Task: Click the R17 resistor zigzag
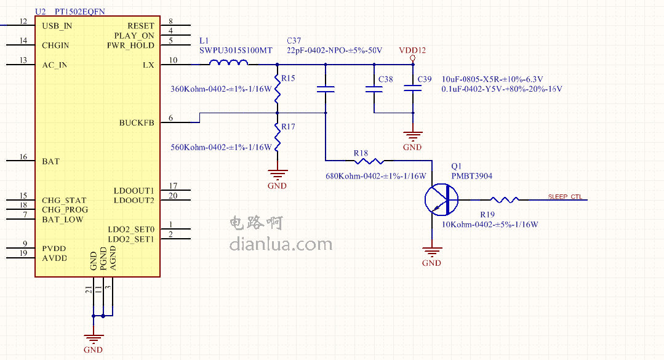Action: (278, 139)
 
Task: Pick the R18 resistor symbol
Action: (369, 161)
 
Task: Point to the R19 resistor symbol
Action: (505, 199)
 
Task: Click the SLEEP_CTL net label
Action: (565, 197)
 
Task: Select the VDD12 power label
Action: (412, 50)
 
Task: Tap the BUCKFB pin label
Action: (137, 122)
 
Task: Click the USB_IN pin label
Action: (57, 26)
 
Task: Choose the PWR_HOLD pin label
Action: (130, 46)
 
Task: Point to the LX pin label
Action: (148, 65)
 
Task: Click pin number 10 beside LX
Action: (173, 60)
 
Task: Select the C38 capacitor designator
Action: (385, 79)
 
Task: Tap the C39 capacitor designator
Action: (425, 79)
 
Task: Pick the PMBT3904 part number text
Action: (471, 176)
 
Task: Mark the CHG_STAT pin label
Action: (64, 200)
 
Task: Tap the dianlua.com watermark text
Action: (281, 244)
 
